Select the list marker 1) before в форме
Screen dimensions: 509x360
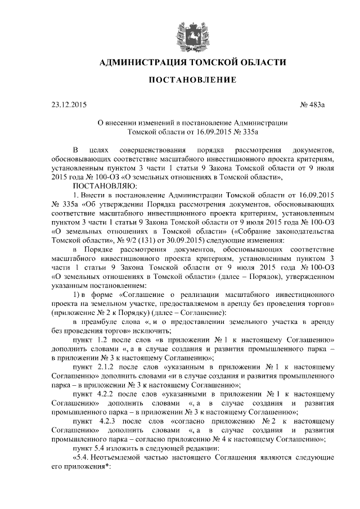[79, 294]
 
